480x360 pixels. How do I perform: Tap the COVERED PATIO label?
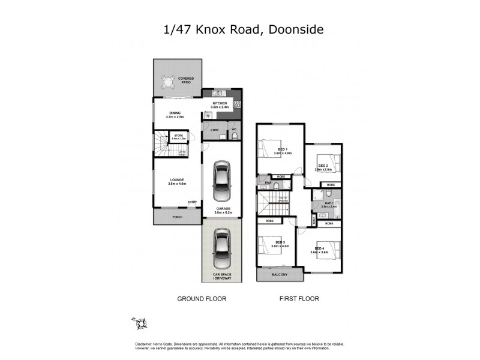pyautogui.click(x=186, y=79)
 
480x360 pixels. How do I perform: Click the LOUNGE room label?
pyautogui.click(x=177, y=181)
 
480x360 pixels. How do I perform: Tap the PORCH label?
pyautogui.click(x=177, y=216)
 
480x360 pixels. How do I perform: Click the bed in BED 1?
pyautogui.click(x=269, y=147)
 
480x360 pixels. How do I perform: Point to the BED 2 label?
pyautogui.click(x=323, y=166)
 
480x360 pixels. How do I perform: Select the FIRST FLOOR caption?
pyautogui.click(x=299, y=298)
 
